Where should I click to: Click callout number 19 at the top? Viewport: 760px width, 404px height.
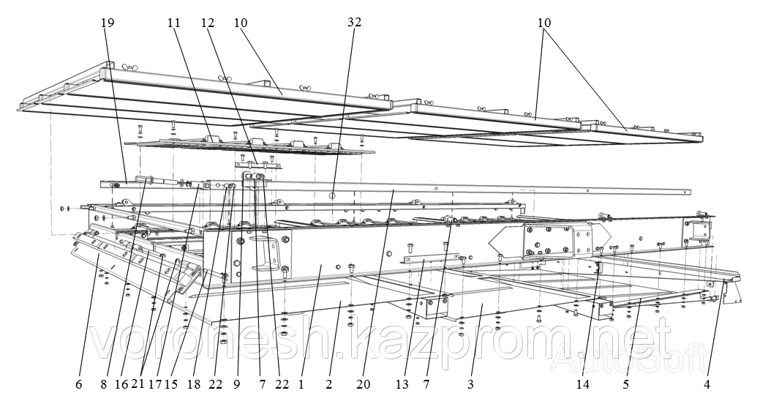(x=108, y=23)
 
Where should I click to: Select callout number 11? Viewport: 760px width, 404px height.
(x=173, y=23)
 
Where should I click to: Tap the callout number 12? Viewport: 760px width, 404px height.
(x=207, y=23)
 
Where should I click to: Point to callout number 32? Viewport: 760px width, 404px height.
(x=354, y=23)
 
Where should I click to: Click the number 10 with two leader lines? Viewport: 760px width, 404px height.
(x=543, y=23)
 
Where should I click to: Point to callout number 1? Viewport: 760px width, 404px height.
(x=301, y=384)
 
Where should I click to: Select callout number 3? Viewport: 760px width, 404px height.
(x=470, y=384)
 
